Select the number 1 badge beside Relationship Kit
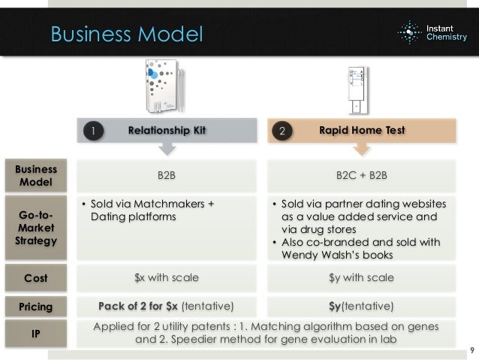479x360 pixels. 93,131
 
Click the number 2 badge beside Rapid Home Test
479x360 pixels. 282,131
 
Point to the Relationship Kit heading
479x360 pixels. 167,130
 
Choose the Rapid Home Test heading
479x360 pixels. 362,130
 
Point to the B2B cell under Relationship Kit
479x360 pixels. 166,175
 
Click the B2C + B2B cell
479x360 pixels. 361,175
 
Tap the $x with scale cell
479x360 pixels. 166,277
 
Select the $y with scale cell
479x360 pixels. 361,277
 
